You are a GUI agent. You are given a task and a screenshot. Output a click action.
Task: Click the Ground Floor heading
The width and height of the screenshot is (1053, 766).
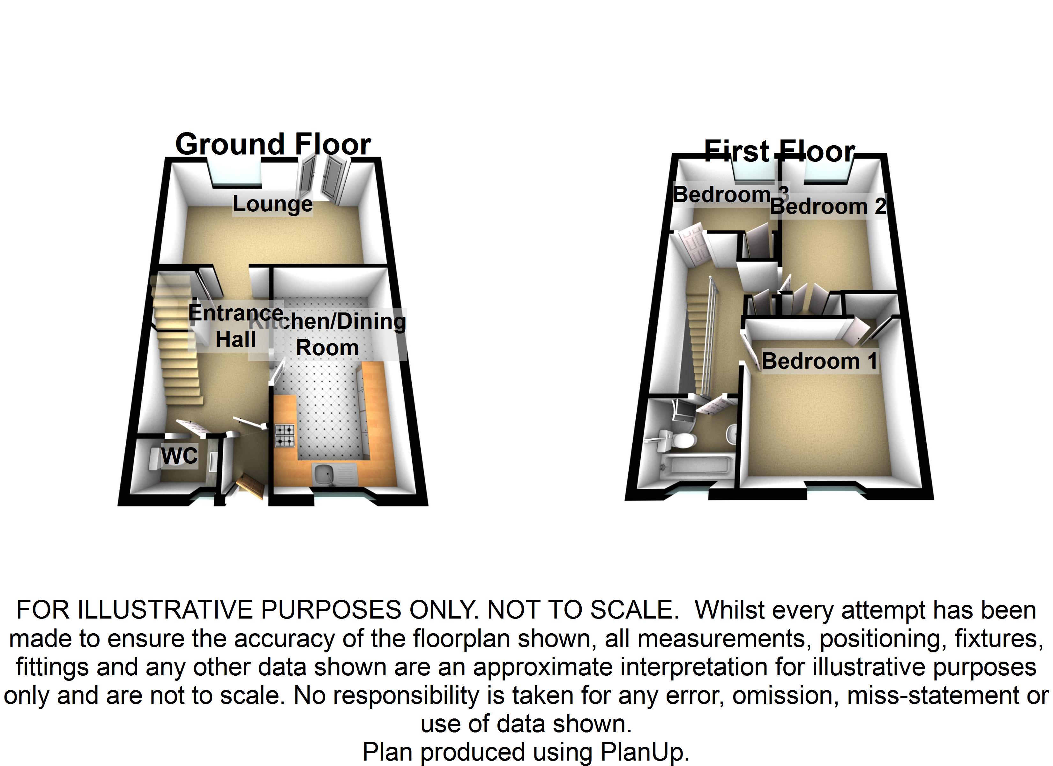point(273,145)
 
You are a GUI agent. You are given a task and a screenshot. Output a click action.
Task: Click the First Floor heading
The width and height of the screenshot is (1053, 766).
point(780,151)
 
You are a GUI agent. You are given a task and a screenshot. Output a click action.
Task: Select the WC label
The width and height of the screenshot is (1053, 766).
point(179,455)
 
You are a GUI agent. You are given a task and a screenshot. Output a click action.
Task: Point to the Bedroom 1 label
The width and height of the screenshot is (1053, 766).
point(819,361)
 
